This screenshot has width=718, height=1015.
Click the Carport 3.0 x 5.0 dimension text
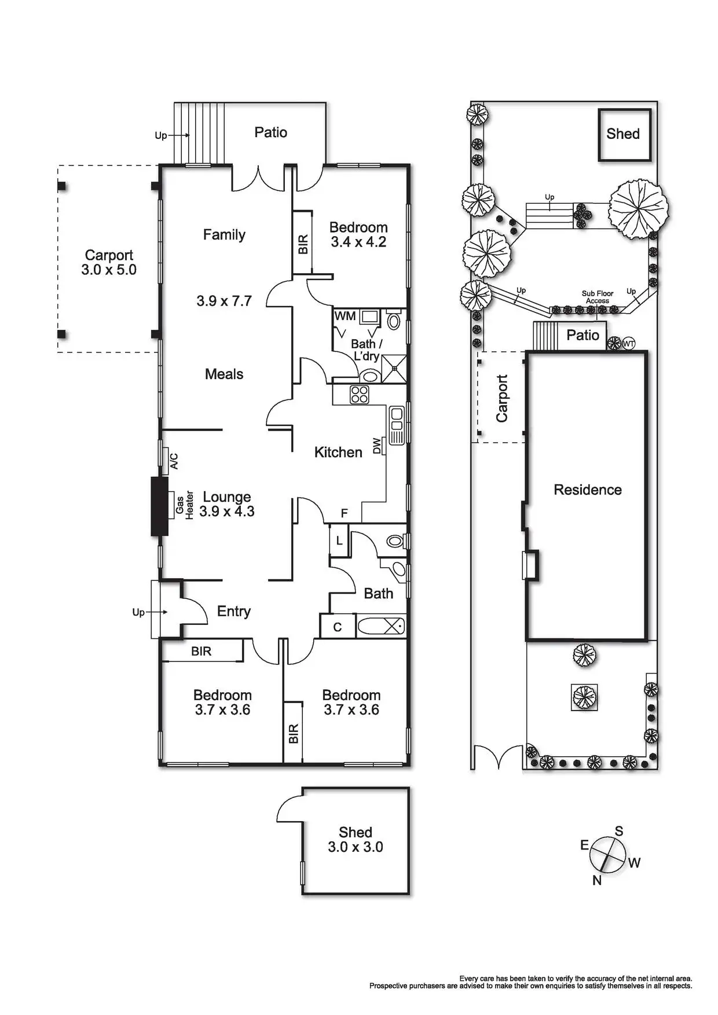click(109, 270)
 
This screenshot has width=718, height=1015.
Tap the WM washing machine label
click(345, 317)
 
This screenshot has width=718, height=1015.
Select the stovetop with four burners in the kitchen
click(360, 395)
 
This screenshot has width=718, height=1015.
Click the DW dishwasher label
click(377, 446)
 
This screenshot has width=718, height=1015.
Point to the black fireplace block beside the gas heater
click(159, 506)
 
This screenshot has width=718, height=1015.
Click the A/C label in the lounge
click(174, 461)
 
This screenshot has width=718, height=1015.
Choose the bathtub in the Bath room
click(380, 626)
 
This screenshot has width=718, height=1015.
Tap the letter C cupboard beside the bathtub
click(337, 627)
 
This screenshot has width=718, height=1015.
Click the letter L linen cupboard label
click(339, 542)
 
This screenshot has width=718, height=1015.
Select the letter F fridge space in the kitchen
click(344, 513)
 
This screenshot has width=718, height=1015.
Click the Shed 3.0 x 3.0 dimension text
click(356, 847)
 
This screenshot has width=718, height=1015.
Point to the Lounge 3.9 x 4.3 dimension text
click(227, 512)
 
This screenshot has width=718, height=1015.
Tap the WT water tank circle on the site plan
click(629, 344)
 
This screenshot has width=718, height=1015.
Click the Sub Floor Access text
click(598, 297)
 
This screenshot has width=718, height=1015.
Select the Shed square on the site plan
click(624, 134)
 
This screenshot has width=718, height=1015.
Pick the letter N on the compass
click(597, 880)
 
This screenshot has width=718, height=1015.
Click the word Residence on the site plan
click(588, 490)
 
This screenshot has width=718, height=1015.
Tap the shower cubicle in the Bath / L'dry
click(394, 368)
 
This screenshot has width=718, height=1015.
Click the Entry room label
click(234, 612)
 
